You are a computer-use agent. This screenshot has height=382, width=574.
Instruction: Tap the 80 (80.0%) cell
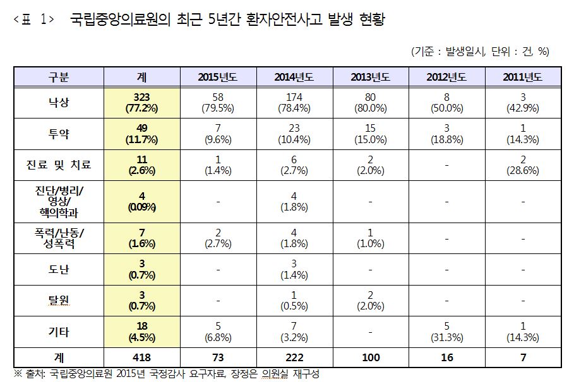point(371,101)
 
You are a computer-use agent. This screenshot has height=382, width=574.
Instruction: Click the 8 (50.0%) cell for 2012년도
point(446,101)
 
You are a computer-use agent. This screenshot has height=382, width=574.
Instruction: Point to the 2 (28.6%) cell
point(522,165)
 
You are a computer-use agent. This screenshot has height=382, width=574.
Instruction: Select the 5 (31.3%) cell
point(446,332)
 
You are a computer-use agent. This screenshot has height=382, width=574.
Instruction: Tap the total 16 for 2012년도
point(446,357)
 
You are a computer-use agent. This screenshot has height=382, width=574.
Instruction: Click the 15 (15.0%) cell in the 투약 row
point(371,133)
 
